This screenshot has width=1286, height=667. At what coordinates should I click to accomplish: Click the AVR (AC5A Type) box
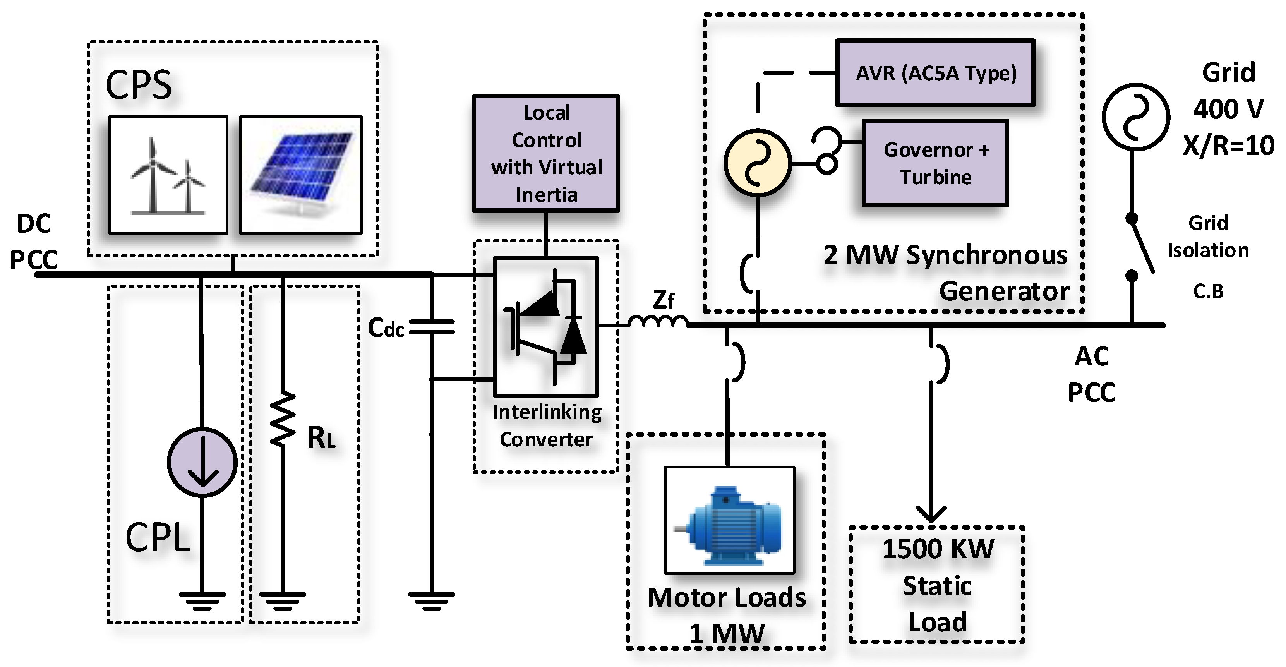click(935, 73)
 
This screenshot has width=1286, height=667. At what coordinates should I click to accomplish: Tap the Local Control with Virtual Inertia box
click(546, 153)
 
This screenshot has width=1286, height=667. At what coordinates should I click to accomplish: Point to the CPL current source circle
click(202, 462)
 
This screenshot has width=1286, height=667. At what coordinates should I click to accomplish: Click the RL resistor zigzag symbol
click(283, 418)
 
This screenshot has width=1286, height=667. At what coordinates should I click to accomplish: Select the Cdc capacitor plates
click(431, 327)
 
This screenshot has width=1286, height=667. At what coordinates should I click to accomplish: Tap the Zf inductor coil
click(658, 322)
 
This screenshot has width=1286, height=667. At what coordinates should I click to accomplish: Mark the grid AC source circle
click(1135, 117)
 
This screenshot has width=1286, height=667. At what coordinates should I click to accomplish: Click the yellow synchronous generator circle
click(757, 163)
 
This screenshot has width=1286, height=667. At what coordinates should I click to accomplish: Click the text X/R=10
click(1228, 146)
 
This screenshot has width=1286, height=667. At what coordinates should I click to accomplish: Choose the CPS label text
click(139, 85)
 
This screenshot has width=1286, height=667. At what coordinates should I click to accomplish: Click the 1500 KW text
click(938, 549)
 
